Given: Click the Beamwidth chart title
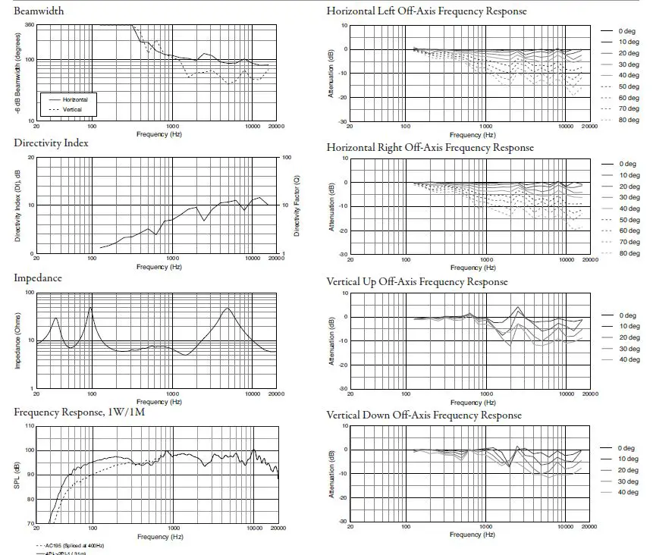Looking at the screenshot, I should click(39, 11).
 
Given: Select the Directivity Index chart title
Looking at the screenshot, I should click(51, 143).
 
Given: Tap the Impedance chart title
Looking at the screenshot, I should click(38, 277).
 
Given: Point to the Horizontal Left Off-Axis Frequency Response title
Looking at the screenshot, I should click(426, 11).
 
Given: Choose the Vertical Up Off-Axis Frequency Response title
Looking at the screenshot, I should click(416, 281).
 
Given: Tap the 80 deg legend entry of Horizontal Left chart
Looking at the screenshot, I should click(628, 120).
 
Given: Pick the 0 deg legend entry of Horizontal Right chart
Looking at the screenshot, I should click(626, 164).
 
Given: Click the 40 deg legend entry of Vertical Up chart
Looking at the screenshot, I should click(628, 359).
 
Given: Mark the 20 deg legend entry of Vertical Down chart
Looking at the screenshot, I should click(628, 471).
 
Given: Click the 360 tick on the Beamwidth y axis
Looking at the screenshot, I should click(29, 25).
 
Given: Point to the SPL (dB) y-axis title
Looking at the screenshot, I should click(17, 475).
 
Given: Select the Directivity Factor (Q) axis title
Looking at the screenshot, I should click(297, 205).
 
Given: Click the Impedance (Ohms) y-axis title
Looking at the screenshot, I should click(17, 340).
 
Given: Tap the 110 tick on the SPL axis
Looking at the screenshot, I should click(30, 426).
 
